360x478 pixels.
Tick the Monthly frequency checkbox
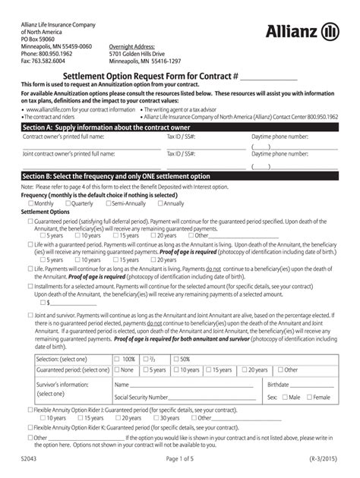click(30, 203)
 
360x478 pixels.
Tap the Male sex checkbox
click(285, 397)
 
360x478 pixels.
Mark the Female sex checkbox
click(308, 397)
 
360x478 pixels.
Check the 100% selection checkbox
click(118, 358)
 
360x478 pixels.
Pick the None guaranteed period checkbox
click(118, 370)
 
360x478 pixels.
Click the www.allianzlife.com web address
click(54, 110)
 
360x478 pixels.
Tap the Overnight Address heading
click(134, 46)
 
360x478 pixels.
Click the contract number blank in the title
click(269, 77)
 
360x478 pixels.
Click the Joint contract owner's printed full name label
click(69, 153)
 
